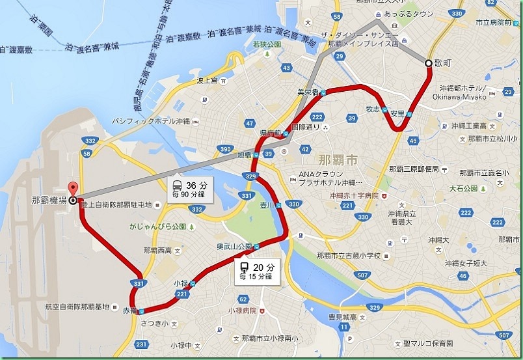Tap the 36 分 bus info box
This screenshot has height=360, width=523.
pyautogui.click(x=188, y=187)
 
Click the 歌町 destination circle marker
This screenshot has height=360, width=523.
pyautogui.click(x=428, y=63)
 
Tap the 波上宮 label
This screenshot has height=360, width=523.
pyautogui.click(x=206, y=81)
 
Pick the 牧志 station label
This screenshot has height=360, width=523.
pyautogui.click(x=372, y=109)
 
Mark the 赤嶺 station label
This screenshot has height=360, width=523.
pyautogui.click(x=128, y=311)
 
